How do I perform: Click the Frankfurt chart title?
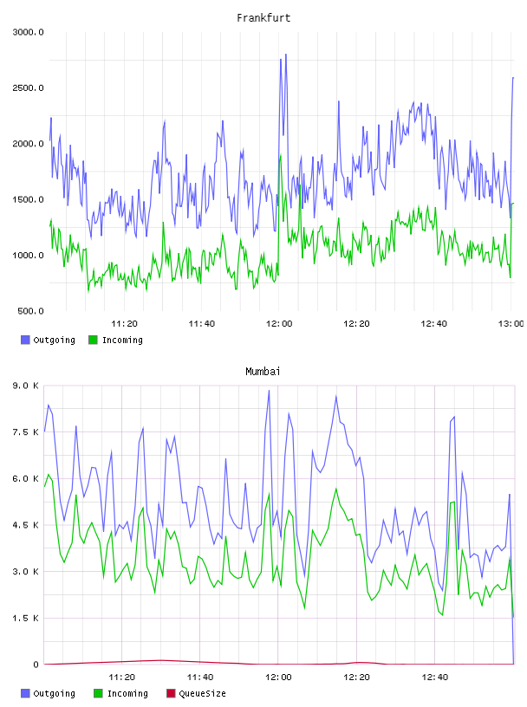pos(263,18)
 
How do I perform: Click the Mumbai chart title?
pos(263,372)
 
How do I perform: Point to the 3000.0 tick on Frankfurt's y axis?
pos(28,32)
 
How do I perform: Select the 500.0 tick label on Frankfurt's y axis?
pos(30,311)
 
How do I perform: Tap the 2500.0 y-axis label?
pos(28,88)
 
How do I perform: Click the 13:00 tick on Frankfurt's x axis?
pos(511,324)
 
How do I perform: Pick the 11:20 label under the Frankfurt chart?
pos(124,324)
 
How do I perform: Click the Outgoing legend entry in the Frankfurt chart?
pos(48,340)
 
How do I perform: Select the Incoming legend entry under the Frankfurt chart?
pos(115,340)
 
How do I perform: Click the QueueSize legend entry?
pos(196,693)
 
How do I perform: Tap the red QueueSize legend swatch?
pos(171,693)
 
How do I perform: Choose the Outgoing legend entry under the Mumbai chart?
pos(48,693)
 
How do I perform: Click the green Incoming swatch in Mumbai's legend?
pos(98,693)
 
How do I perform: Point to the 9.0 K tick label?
pos(26,386)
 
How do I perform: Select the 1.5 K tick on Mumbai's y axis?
pos(26,618)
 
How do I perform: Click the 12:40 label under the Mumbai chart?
pos(435,678)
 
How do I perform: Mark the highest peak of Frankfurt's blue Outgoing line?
pos(286,55)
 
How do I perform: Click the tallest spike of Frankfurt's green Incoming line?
pos(281,156)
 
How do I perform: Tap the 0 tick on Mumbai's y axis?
pos(36,665)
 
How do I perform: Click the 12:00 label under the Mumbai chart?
pos(278,678)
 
